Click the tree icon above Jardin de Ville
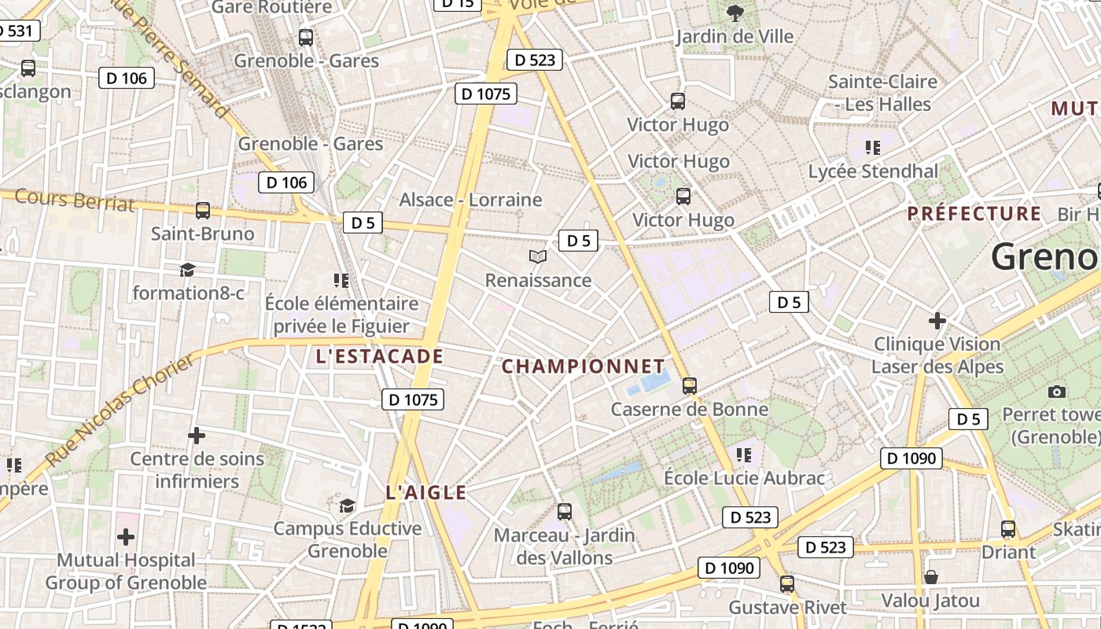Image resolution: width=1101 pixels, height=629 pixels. coord(735,13)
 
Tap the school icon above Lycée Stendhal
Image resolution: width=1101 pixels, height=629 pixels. coord(871,147)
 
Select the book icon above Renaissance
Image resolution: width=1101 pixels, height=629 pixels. coord(538,256)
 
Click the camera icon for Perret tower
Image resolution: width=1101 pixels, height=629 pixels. coord(1057,392)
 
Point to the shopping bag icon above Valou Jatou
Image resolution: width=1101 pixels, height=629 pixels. coord(930,578)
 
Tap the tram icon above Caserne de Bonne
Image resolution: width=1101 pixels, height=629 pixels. coord(690,385)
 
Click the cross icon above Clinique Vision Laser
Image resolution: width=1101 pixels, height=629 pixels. coord(937,321)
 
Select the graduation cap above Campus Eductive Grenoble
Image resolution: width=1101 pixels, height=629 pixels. coord(347,505)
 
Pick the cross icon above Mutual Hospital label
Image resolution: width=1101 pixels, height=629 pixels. coord(126,537)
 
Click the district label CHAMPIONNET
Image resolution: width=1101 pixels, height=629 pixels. coord(584,366)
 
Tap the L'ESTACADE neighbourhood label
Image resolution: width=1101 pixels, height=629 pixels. coord(379,356)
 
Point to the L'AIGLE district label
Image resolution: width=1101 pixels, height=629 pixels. coord(425,493)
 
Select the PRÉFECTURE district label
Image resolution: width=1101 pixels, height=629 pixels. coord(974,214)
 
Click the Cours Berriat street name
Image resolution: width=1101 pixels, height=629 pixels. coord(75,200)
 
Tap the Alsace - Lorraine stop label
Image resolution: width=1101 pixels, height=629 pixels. coord(470,200)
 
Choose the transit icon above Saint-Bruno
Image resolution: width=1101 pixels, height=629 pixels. coord(203,211)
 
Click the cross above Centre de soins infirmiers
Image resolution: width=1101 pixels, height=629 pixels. coord(197,435)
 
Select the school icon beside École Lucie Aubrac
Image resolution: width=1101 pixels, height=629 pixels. coord(744,454)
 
